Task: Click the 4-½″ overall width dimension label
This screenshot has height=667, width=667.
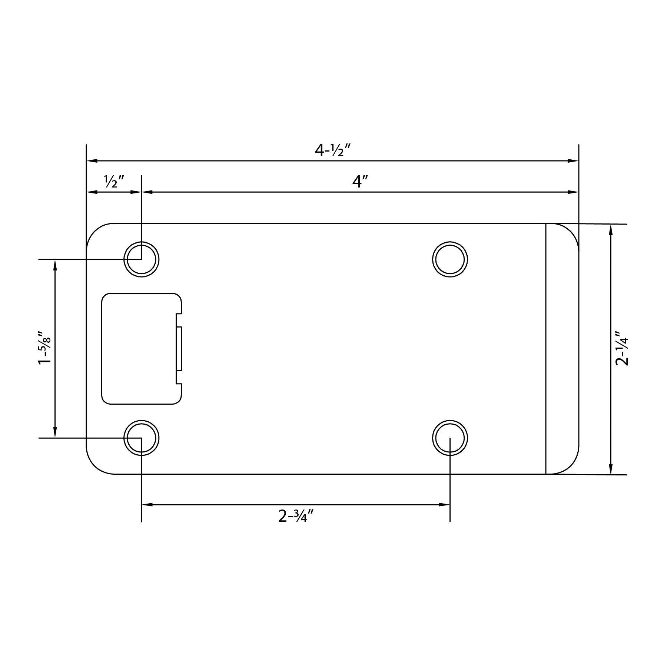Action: (332, 150)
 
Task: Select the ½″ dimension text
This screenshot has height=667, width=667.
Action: (114, 182)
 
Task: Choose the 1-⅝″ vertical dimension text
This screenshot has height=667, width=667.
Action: (46, 348)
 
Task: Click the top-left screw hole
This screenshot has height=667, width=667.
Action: (141, 259)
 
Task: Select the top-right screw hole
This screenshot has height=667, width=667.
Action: (450, 259)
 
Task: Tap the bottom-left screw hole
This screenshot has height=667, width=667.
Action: (141, 438)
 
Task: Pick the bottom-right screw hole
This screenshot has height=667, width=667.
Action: (450, 438)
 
